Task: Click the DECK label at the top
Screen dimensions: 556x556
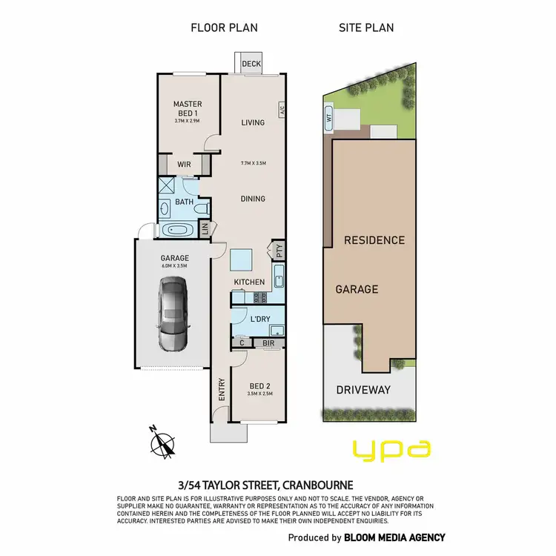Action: pos(251,64)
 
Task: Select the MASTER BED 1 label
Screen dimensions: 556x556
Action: pos(188,108)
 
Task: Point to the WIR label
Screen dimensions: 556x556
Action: pos(185,165)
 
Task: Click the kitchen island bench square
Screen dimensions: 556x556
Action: pos(241,259)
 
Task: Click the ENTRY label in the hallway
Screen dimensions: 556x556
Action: pos(221,391)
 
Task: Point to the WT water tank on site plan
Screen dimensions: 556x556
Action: pos(328,116)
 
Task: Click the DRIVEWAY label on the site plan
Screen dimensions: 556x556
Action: pos(363,390)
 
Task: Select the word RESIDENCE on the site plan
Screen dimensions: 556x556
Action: pos(374,240)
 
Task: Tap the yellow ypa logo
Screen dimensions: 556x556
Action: pos(391,449)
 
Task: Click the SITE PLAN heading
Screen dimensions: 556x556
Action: pos(366,28)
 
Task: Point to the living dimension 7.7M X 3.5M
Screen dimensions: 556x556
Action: pos(253,163)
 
